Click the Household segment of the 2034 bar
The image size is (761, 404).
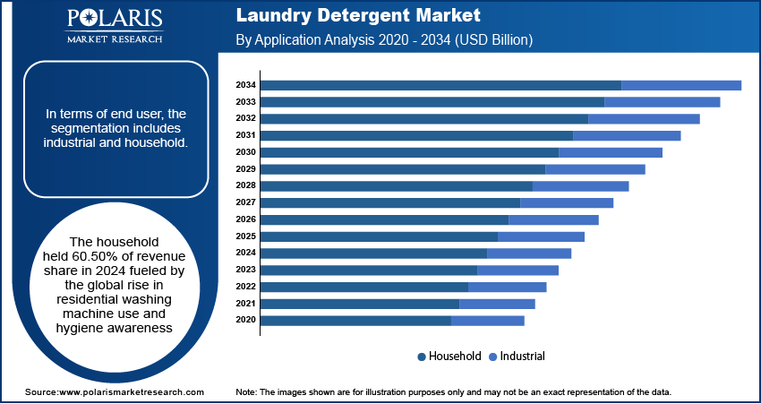(x=440, y=85)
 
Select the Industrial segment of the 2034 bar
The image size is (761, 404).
(x=681, y=85)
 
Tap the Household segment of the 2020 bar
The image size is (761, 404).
(x=355, y=321)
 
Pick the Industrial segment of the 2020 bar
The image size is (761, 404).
(x=488, y=321)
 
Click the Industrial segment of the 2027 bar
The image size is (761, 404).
(x=567, y=202)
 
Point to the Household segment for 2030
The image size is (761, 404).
(x=409, y=152)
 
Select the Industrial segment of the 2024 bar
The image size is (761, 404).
(x=529, y=254)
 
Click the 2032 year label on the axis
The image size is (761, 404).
(x=246, y=118)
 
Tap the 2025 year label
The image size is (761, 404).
(x=246, y=236)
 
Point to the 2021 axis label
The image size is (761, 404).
(x=246, y=304)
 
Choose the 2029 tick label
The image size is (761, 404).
(x=246, y=169)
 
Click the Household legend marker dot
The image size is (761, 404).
(x=422, y=357)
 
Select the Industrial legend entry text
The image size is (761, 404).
(x=522, y=357)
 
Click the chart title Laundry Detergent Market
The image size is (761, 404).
(x=358, y=16)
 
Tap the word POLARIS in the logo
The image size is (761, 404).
(x=114, y=20)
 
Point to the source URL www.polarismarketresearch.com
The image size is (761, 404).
(x=131, y=392)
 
